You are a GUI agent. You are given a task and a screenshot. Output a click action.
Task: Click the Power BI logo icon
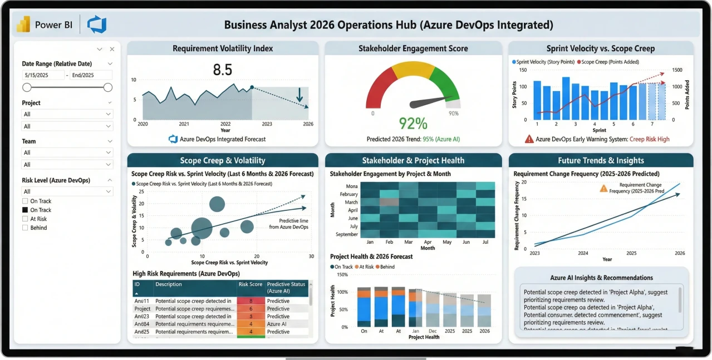pos(23,24)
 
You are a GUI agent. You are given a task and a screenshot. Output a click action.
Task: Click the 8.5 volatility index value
pos(222,70)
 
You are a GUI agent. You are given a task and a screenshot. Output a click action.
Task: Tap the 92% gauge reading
pos(413,123)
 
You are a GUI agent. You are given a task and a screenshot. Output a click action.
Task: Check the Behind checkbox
pos(25,228)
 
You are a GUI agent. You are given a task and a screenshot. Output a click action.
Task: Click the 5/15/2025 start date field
pos(43,75)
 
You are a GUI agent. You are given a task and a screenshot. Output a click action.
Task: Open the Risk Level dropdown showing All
pos(67,191)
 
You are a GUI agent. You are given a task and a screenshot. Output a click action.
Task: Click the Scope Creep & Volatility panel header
pos(222,160)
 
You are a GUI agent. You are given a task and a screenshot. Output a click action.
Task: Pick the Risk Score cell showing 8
pos(251,301)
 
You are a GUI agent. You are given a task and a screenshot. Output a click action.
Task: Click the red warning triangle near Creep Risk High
pos(528,139)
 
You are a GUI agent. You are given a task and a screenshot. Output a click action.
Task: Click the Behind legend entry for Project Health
pos(385,267)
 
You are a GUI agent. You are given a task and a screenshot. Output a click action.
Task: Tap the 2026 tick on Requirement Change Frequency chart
pos(680,253)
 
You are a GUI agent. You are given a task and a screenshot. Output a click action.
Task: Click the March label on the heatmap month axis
pos(351,202)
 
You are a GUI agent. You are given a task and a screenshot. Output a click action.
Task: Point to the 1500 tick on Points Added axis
pos(677,70)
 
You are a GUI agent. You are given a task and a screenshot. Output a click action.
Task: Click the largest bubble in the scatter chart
pos(202,228)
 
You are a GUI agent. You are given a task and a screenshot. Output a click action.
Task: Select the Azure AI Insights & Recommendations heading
pos(601,278)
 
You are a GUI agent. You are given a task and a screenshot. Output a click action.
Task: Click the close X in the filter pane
pos(112,49)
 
